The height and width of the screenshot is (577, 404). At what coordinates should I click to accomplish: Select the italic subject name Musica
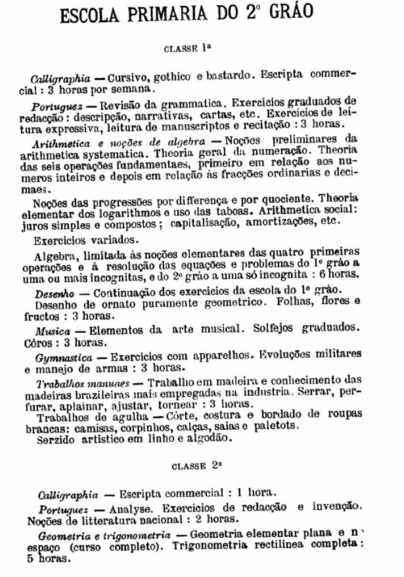pos(52,331)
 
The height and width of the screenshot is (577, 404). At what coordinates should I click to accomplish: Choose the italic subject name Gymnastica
pos(64,358)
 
